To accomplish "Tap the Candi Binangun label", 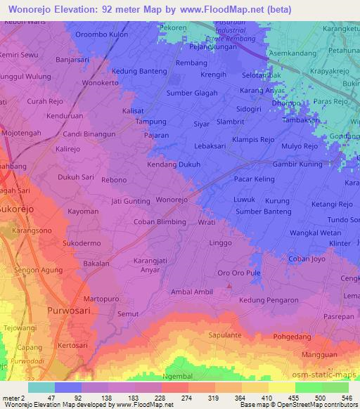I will tap(89, 134).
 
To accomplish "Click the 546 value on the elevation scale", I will tap(346, 396).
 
